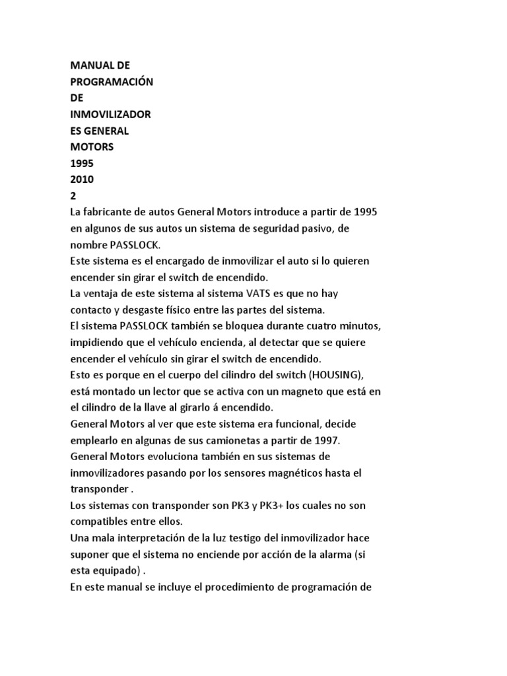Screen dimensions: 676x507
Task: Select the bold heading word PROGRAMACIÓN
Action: (112, 82)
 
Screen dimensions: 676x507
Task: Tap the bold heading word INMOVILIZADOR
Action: (110, 114)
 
